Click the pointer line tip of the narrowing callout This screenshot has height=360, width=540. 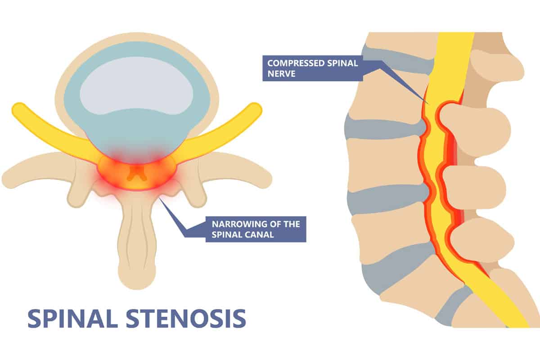160,197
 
